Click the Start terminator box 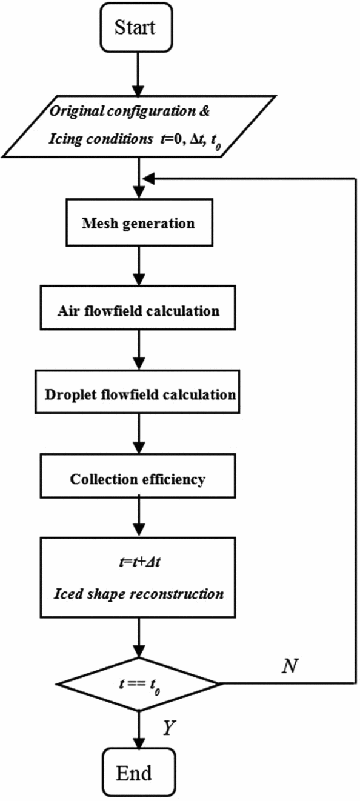pyautogui.click(x=141, y=27)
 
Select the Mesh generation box pyautogui.click(x=139, y=223)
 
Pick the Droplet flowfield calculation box pyautogui.click(x=139, y=394)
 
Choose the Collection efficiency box pyautogui.click(x=139, y=479)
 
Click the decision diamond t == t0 pyautogui.click(x=140, y=684)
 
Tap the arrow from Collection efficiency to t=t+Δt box pyautogui.click(x=140, y=516)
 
